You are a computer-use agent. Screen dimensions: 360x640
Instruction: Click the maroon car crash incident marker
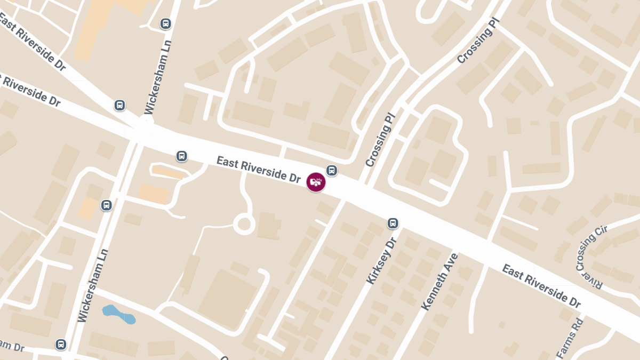(x=316, y=182)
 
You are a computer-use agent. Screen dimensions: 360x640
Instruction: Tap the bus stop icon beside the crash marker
(x=332, y=171)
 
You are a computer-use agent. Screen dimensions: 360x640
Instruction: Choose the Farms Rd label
(x=570, y=339)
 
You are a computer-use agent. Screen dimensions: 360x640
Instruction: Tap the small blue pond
(x=118, y=314)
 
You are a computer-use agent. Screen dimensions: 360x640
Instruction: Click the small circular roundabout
(x=244, y=224)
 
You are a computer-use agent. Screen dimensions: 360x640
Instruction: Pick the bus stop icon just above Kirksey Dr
(x=393, y=223)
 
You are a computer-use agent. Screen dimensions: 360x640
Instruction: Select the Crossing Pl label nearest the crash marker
(x=379, y=139)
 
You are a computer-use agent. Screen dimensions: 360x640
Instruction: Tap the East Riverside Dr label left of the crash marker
(x=259, y=170)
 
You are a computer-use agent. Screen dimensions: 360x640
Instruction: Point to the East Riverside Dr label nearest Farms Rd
(x=541, y=285)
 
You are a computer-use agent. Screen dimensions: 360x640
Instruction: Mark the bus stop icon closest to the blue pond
(x=61, y=345)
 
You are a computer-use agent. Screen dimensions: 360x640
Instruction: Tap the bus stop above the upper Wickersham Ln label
(x=166, y=24)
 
